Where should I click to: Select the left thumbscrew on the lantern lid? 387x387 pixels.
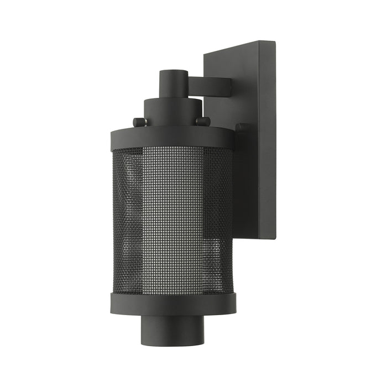139,122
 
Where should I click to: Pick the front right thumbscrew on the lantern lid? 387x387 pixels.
203,121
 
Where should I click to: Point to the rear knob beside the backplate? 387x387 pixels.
241,128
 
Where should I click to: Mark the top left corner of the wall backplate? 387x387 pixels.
205,53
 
